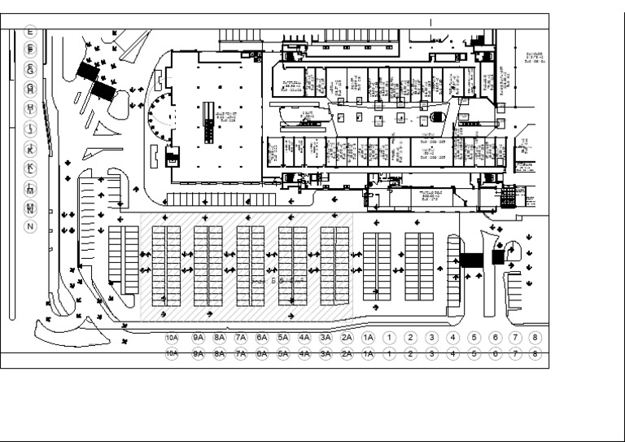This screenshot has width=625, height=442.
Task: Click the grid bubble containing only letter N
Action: tap(31, 225)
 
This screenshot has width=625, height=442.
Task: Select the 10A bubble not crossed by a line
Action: tap(171, 337)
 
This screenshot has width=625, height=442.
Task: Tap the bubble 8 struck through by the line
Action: tap(535, 353)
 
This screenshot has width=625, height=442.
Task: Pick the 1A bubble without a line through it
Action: tap(368, 337)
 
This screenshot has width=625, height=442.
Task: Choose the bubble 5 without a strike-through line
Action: tap(474, 337)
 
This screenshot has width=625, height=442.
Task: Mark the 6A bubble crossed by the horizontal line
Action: tap(261, 353)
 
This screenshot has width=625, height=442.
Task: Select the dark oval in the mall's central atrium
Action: tap(437, 117)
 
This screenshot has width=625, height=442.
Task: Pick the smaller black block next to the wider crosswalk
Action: tap(498, 257)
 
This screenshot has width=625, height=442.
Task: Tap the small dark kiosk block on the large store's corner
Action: tap(172, 159)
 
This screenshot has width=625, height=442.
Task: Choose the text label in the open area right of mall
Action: tap(535, 56)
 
